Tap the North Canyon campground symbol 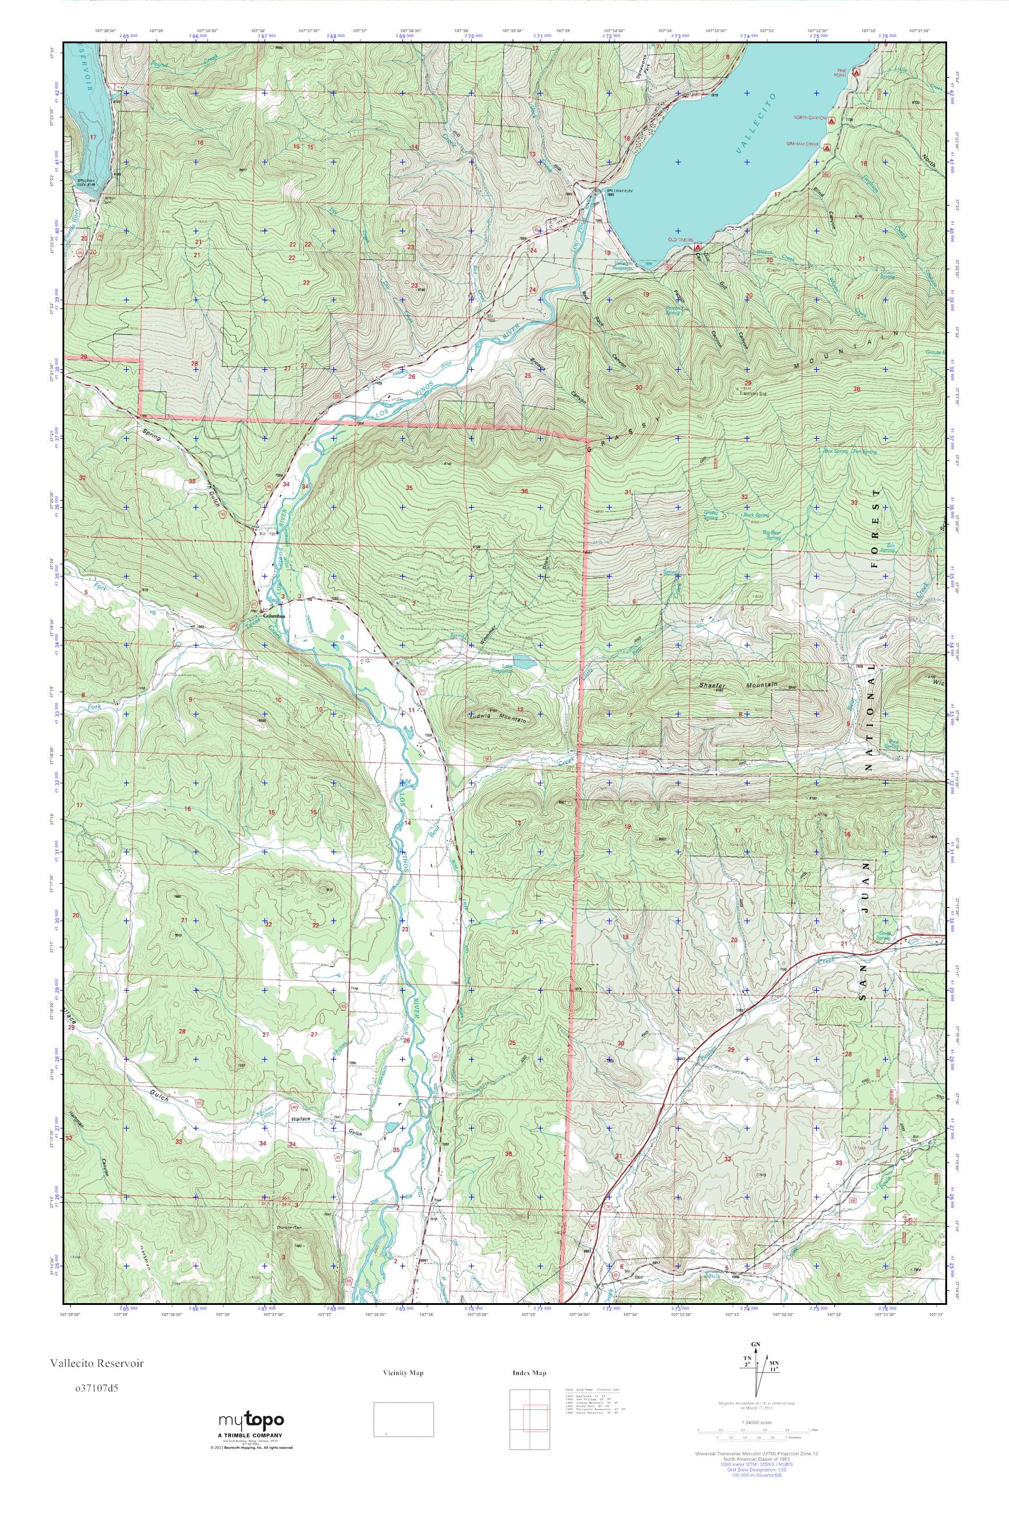click(x=832, y=120)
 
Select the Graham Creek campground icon click(x=827, y=146)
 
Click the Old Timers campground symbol click(x=698, y=246)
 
